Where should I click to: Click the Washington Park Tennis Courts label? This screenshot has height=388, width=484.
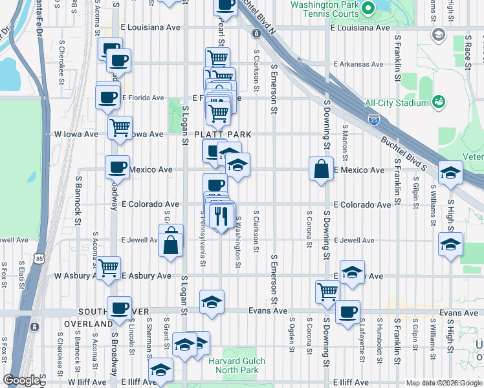click(324, 9)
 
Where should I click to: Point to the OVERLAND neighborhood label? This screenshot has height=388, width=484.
click(88, 323)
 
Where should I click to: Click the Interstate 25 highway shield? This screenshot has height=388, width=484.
click(373, 119)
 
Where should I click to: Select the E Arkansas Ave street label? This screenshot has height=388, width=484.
click(358, 65)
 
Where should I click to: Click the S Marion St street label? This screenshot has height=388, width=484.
click(345, 144)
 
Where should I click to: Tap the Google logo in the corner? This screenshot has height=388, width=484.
click(21, 380)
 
